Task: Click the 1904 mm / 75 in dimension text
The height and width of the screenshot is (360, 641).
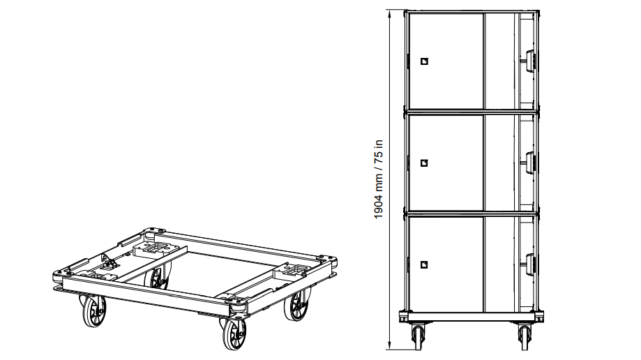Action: click(379, 179)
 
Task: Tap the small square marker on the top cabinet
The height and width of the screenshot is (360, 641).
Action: click(424, 61)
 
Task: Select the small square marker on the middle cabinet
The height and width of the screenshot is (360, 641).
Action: click(424, 163)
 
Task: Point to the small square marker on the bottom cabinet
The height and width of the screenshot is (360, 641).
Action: click(424, 264)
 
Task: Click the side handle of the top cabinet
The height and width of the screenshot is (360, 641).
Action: click(530, 61)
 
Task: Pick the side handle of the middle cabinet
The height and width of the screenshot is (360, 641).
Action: click(530, 163)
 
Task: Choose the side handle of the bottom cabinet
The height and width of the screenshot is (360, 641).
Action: click(530, 264)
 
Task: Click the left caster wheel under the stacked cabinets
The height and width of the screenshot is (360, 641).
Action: click(418, 337)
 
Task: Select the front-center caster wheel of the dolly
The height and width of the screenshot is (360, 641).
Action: click(234, 334)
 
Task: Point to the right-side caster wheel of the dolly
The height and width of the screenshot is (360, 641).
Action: click(297, 306)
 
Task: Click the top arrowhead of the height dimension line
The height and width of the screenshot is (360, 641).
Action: click(390, 13)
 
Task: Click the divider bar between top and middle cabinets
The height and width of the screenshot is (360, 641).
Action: click(472, 111)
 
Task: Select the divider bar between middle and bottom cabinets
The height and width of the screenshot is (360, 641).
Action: click(472, 213)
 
